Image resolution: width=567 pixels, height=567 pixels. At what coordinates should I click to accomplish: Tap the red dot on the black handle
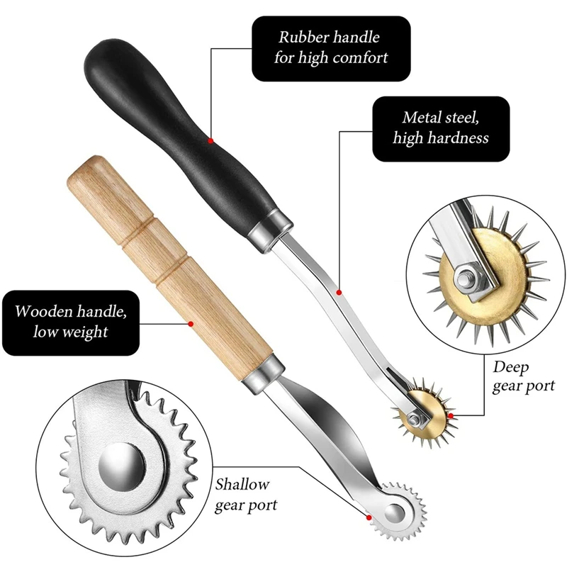[x=210, y=141]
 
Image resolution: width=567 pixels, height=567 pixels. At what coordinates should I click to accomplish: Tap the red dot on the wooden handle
[x=190, y=324]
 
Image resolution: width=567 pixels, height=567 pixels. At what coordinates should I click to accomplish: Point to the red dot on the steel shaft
[x=339, y=292]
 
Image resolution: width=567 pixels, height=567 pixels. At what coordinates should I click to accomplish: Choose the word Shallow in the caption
[x=242, y=485]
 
